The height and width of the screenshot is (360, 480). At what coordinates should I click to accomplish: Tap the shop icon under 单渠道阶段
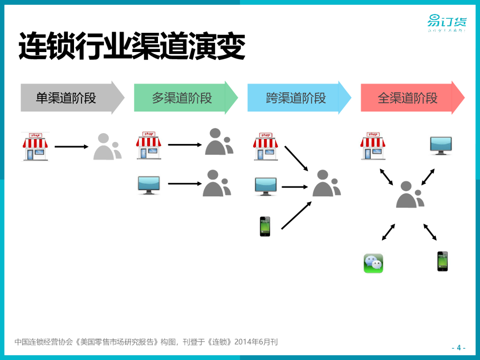pyautogui.click(x=36, y=146)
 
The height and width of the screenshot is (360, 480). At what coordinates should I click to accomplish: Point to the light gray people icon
pyautogui.click(x=107, y=147)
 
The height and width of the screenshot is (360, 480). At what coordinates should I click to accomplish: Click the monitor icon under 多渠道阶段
pyautogui.click(x=149, y=185)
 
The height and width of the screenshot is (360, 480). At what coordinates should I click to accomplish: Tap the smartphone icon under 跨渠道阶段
pyautogui.click(x=265, y=226)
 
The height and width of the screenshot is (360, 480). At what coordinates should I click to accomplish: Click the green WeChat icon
pyautogui.click(x=373, y=263)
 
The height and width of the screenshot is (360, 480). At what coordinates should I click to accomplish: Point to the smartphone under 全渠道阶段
pyautogui.click(x=442, y=261)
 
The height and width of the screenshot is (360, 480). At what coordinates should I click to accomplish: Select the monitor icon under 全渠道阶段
pyautogui.click(x=441, y=146)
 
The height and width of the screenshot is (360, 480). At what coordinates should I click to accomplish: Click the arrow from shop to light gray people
pyautogui.click(x=71, y=147)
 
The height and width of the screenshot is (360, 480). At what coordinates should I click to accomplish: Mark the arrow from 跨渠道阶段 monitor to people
pyautogui.click(x=295, y=187)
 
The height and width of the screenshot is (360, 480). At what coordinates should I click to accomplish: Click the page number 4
pyautogui.click(x=458, y=347)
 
